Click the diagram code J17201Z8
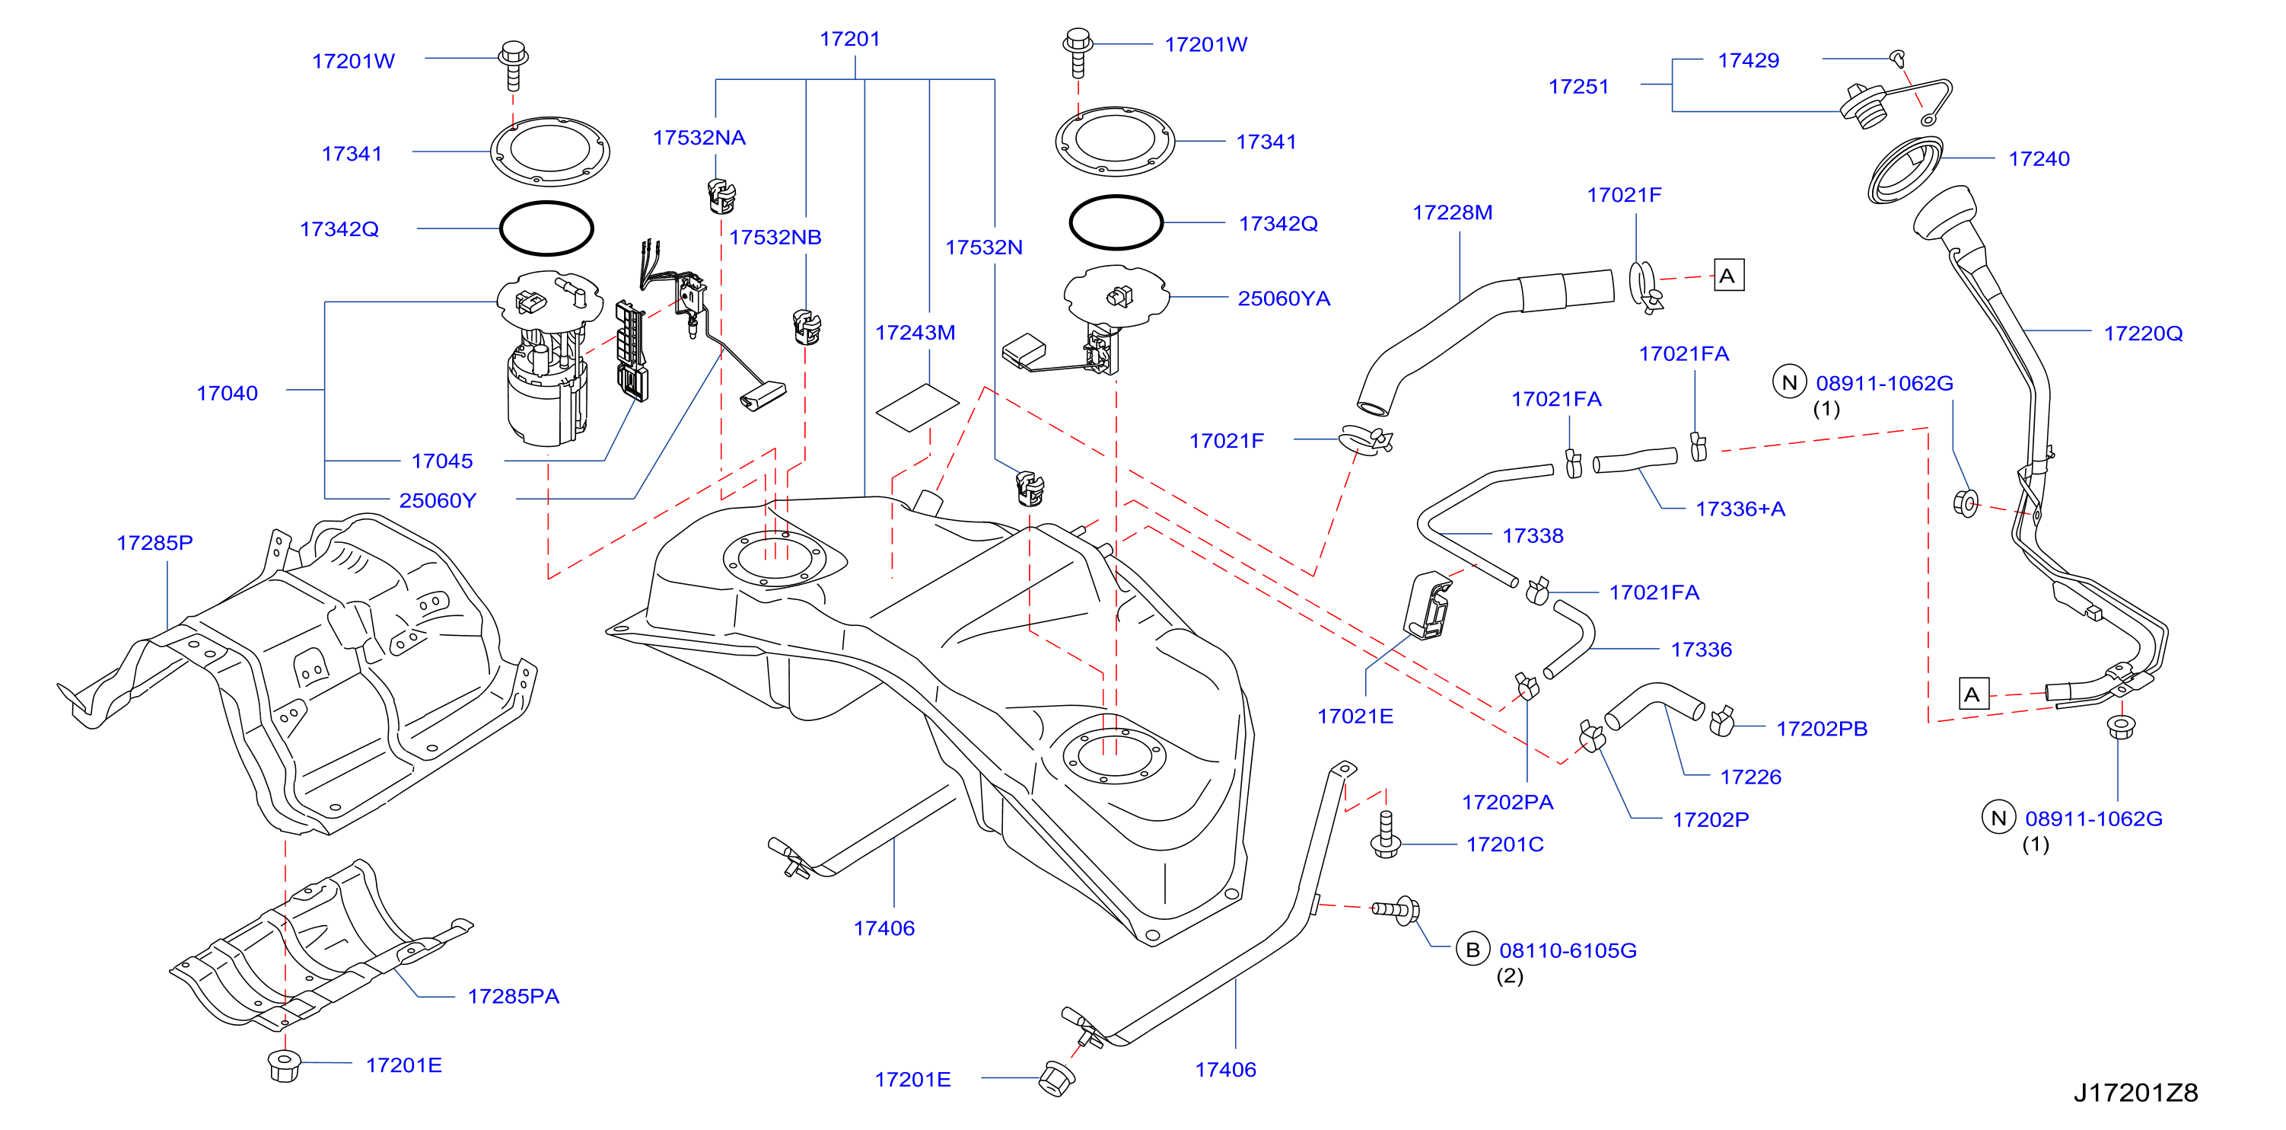2135,1093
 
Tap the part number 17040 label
228,393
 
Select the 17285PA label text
513,996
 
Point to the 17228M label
1452,212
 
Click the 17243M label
915,333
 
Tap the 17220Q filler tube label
2142,333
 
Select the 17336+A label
1740,509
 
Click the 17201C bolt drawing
1385,835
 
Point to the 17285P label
154,542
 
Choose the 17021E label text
1355,717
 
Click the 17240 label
2039,159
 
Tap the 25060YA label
1283,298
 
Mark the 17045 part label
442,461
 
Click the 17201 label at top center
849,39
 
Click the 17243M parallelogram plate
917,407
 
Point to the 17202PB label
1821,729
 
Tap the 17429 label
1748,60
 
